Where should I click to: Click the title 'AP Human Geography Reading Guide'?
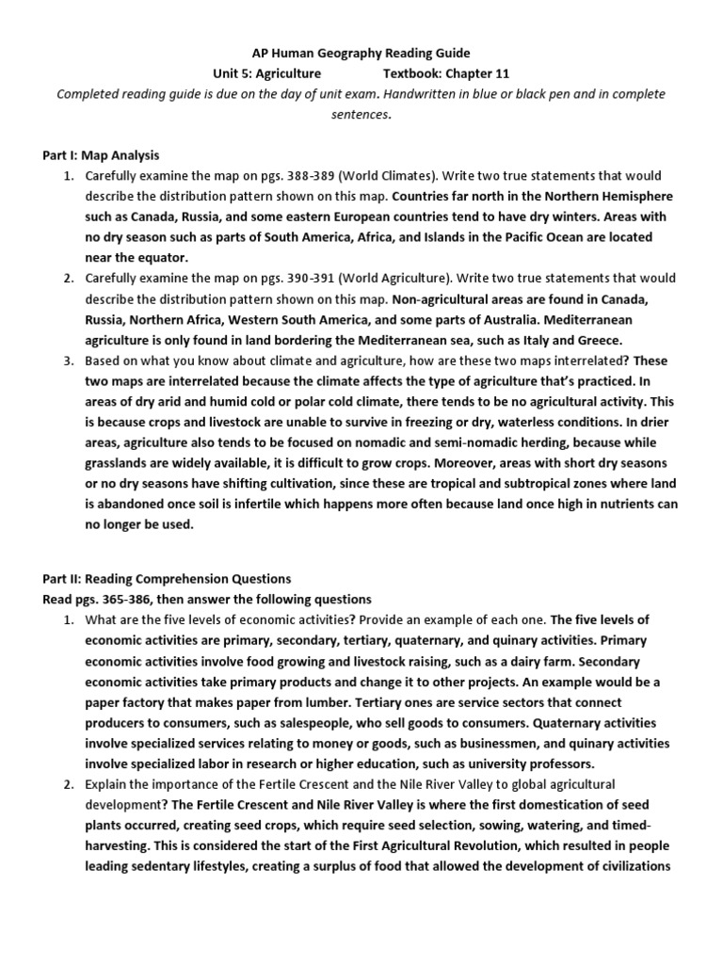click(361, 53)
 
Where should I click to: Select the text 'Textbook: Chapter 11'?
click(444, 73)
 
